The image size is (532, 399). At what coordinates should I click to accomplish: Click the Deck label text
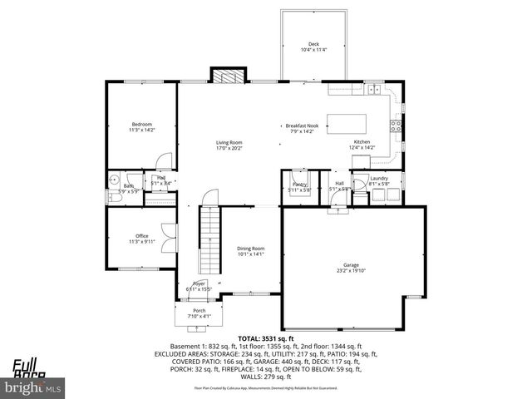(x=314, y=45)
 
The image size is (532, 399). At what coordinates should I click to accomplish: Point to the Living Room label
(x=229, y=142)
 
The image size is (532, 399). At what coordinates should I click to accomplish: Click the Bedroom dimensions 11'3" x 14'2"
(x=142, y=130)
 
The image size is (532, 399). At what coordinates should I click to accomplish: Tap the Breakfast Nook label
(x=303, y=126)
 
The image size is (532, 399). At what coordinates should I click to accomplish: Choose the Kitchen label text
(x=362, y=142)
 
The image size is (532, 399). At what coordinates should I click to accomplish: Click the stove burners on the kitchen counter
(x=397, y=126)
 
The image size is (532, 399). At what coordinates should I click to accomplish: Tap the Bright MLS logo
(x=33, y=387)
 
